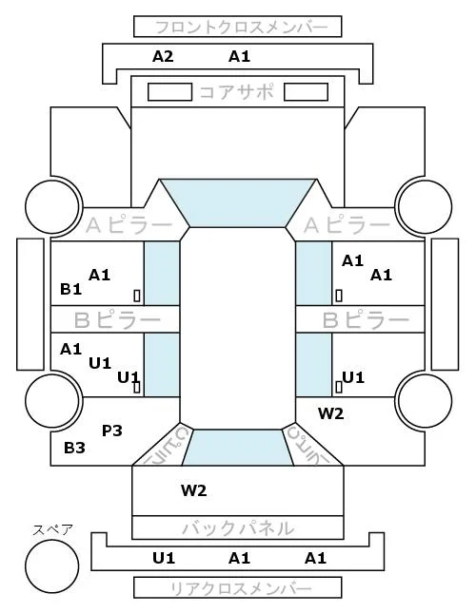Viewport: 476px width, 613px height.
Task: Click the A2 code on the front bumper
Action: tap(163, 57)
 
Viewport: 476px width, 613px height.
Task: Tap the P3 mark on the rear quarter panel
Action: tap(112, 431)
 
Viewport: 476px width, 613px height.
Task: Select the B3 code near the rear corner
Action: tap(74, 448)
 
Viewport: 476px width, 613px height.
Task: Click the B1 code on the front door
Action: tap(70, 289)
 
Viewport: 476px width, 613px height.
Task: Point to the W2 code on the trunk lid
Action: tap(194, 490)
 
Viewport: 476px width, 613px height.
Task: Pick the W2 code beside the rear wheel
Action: tap(330, 413)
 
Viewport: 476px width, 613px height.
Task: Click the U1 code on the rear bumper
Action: tap(164, 558)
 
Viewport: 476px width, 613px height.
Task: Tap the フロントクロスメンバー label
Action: tap(242, 28)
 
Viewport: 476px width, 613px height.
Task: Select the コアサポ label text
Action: tap(236, 92)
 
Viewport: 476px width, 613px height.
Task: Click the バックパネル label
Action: tap(238, 528)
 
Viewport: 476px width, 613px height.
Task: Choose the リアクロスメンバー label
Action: tap(241, 588)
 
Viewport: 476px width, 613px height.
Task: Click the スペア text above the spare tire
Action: tap(52, 530)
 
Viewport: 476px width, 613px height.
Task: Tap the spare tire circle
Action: tap(52, 566)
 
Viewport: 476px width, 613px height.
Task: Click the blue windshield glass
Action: tap(238, 202)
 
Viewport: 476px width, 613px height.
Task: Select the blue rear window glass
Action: tap(238, 448)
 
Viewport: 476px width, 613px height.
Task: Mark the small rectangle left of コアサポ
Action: tap(169, 92)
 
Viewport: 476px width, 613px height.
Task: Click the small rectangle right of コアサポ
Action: tap(306, 92)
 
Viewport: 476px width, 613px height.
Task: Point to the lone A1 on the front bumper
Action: tap(239, 57)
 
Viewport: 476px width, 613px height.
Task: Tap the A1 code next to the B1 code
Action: tap(99, 276)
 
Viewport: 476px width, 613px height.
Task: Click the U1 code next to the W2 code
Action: tap(353, 377)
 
